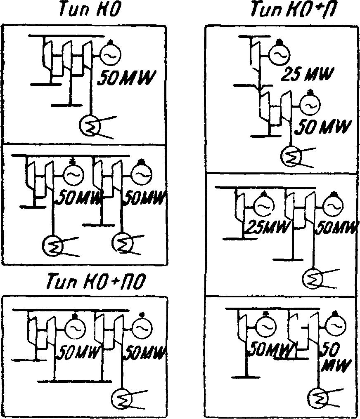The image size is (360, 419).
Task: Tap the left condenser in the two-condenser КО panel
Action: tap(53, 246)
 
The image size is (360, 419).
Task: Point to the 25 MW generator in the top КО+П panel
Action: tap(279, 54)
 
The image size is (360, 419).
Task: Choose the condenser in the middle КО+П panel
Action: tap(314, 279)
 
